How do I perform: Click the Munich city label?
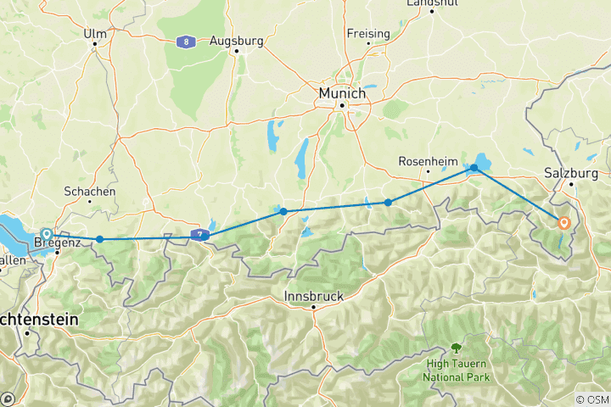click(x=341, y=91)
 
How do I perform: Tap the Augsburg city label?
click(x=236, y=40)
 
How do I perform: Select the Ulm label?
click(x=95, y=34)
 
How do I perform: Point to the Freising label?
click(x=367, y=34)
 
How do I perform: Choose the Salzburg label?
click(x=571, y=171)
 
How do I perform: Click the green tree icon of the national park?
click(x=457, y=348)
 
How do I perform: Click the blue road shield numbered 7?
click(x=198, y=234)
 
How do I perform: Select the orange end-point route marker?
click(x=563, y=223)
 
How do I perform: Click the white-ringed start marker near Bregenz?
click(x=47, y=234)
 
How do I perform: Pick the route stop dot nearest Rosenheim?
click(x=388, y=202)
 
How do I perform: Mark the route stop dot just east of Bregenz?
click(x=100, y=239)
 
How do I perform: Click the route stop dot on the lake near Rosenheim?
click(x=474, y=169)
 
